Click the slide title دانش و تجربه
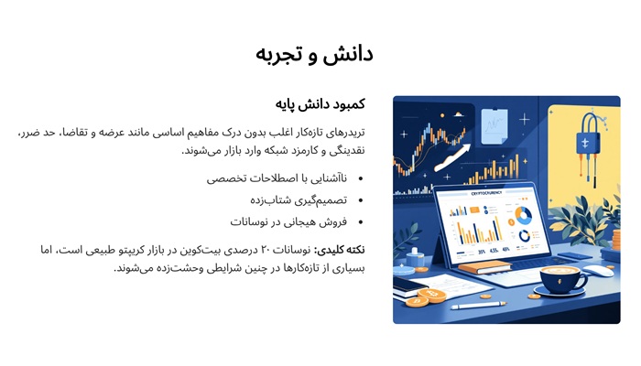314,55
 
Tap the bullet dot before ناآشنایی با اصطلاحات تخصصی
360,178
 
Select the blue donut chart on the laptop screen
523,216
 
